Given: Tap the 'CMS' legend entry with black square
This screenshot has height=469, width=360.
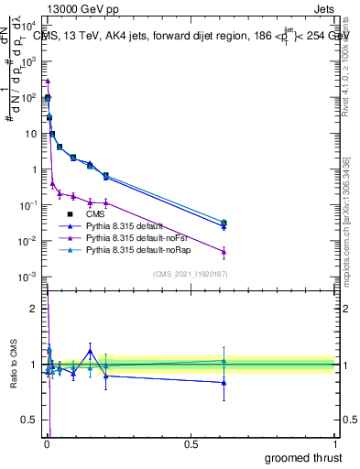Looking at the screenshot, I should click(x=96, y=212).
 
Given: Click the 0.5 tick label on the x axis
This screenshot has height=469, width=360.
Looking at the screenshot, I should click(x=191, y=442).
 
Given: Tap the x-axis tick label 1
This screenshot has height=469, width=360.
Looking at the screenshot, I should click(x=336, y=442).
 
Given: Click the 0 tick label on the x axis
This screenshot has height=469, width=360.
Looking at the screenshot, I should click(x=47, y=442).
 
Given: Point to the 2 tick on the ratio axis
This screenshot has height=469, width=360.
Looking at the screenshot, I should click(x=35, y=309).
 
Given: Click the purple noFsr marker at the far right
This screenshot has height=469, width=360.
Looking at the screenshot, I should click(x=224, y=252).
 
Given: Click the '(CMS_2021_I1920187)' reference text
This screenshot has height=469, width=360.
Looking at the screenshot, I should click(x=191, y=274).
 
